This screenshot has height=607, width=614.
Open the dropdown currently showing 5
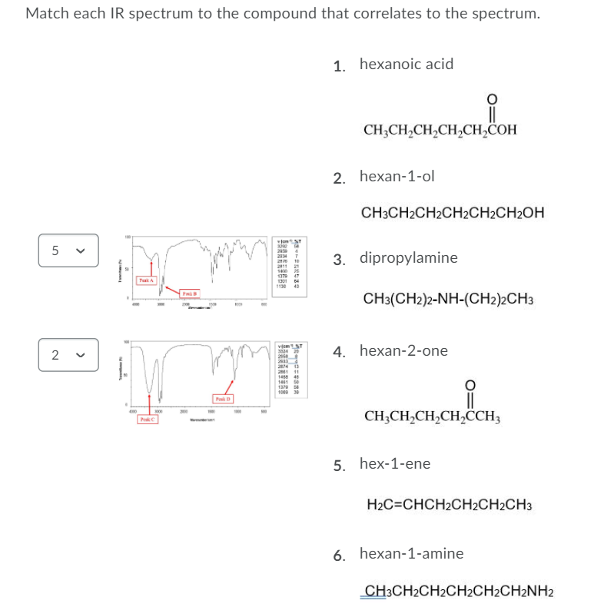68,250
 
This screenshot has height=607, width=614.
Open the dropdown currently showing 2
68,354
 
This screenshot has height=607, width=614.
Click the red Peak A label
146,280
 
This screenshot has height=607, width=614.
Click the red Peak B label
189,293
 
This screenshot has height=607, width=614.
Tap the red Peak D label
223,399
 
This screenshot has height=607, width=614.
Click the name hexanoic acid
406,65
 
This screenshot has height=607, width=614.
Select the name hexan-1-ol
397,177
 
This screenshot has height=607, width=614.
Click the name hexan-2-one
403,351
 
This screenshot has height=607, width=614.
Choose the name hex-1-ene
394,464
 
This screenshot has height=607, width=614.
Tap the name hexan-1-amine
411,553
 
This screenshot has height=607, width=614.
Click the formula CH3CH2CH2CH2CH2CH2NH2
457,591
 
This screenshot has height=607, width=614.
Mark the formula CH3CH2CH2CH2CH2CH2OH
453,213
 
